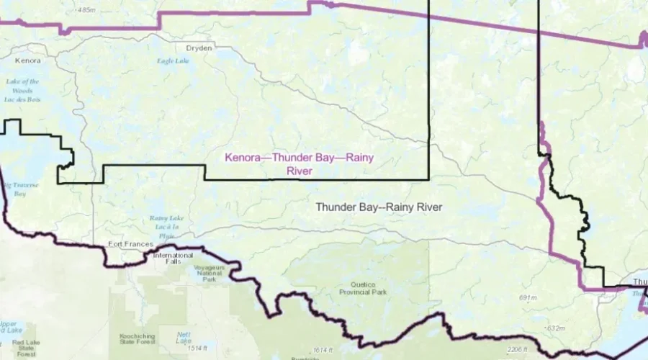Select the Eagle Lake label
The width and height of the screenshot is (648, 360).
173,61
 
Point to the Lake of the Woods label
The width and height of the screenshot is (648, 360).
22,90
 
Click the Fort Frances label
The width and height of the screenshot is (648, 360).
130,244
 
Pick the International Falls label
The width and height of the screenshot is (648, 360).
173,258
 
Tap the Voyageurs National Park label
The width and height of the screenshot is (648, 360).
210,273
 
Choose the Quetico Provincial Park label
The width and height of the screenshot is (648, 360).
364,288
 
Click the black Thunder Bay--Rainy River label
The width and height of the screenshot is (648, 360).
378,207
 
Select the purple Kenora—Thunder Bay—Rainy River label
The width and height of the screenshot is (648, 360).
300,164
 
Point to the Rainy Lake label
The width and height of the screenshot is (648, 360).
162,226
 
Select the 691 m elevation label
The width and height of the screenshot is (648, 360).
528,297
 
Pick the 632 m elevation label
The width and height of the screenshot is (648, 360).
554,328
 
